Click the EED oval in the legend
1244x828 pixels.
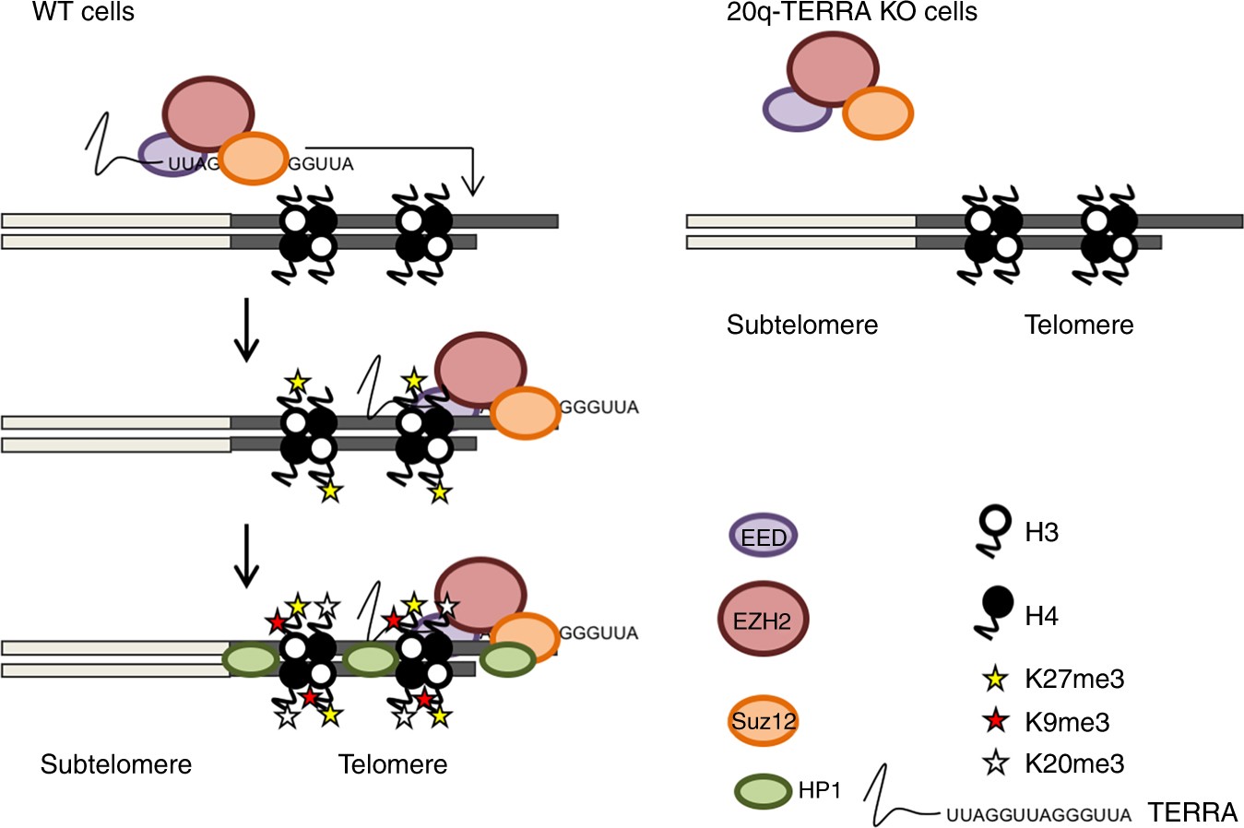[764, 537]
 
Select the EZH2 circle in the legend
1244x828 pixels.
[763, 620]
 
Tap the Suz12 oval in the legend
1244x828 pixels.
[763, 720]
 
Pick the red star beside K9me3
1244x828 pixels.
[995, 722]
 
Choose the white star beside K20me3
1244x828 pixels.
[995, 763]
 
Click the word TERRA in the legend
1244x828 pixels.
[1192, 812]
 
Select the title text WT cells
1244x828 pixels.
[83, 12]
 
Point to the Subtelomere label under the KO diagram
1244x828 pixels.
[802, 325]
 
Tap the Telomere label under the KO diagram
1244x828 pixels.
[1079, 325]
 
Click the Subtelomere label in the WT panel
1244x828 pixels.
[116, 764]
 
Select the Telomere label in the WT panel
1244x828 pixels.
[393, 764]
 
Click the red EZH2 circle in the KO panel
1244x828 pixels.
[833, 74]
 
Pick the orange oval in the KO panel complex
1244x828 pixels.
[878, 112]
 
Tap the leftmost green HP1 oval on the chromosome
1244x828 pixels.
[251, 660]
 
